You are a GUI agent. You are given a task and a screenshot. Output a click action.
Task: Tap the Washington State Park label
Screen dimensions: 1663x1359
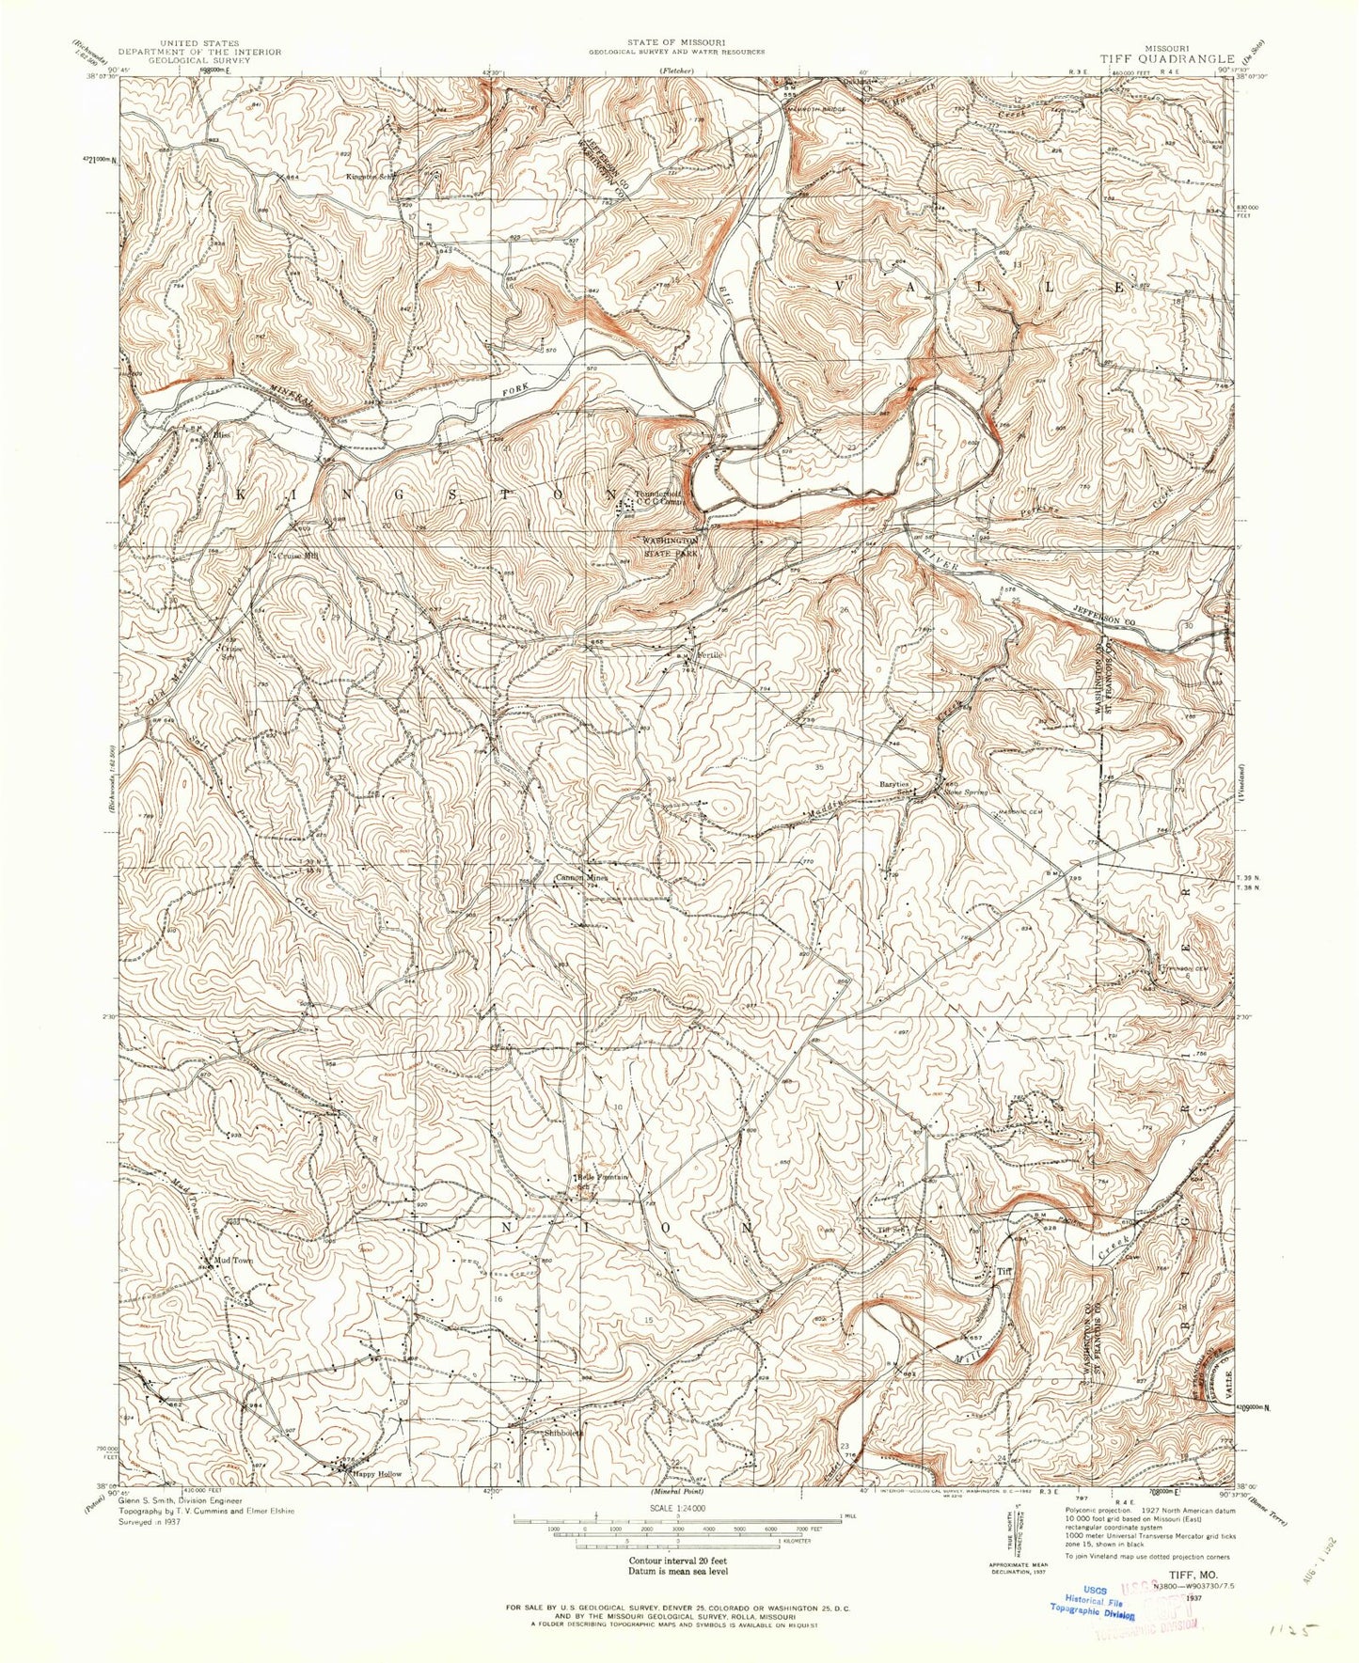point(671,548)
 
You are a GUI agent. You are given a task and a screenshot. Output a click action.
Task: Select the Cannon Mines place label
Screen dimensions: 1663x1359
point(581,878)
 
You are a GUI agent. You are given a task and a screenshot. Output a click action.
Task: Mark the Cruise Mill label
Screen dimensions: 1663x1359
point(295,556)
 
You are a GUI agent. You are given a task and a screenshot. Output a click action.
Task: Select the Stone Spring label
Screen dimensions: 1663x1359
point(966,792)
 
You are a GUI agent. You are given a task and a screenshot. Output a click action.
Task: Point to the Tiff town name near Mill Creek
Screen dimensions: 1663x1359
point(1003,1272)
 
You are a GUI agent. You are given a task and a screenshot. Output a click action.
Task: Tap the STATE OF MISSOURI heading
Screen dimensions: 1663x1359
point(676,43)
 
